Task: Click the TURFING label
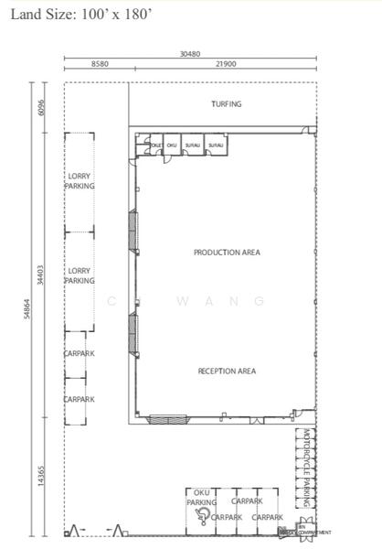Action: [x=226, y=104]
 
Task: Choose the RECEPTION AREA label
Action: [x=227, y=371]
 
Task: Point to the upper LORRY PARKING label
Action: [x=80, y=180]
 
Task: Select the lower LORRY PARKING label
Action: [x=80, y=275]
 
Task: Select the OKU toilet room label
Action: [x=171, y=145]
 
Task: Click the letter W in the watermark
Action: [x=182, y=301]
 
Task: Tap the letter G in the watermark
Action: [x=259, y=301]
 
